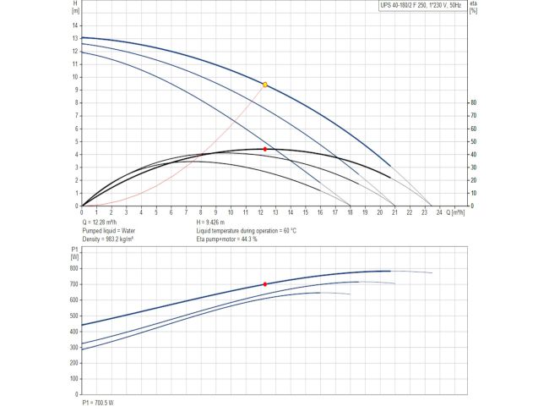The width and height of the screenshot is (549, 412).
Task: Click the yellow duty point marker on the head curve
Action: (x=265, y=85)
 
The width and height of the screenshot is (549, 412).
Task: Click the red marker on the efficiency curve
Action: (x=265, y=149)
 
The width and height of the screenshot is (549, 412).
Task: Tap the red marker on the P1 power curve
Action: (x=265, y=284)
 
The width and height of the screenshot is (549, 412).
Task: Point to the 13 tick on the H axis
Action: (x=75, y=38)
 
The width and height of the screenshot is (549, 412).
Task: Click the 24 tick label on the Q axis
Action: (x=439, y=211)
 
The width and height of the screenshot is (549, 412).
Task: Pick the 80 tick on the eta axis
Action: (x=473, y=102)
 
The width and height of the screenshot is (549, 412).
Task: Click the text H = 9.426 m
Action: (x=216, y=222)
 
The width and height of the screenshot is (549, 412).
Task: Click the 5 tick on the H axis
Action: (x=76, y=141)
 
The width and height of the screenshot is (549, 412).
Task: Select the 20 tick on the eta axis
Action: (x=473, y=180)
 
